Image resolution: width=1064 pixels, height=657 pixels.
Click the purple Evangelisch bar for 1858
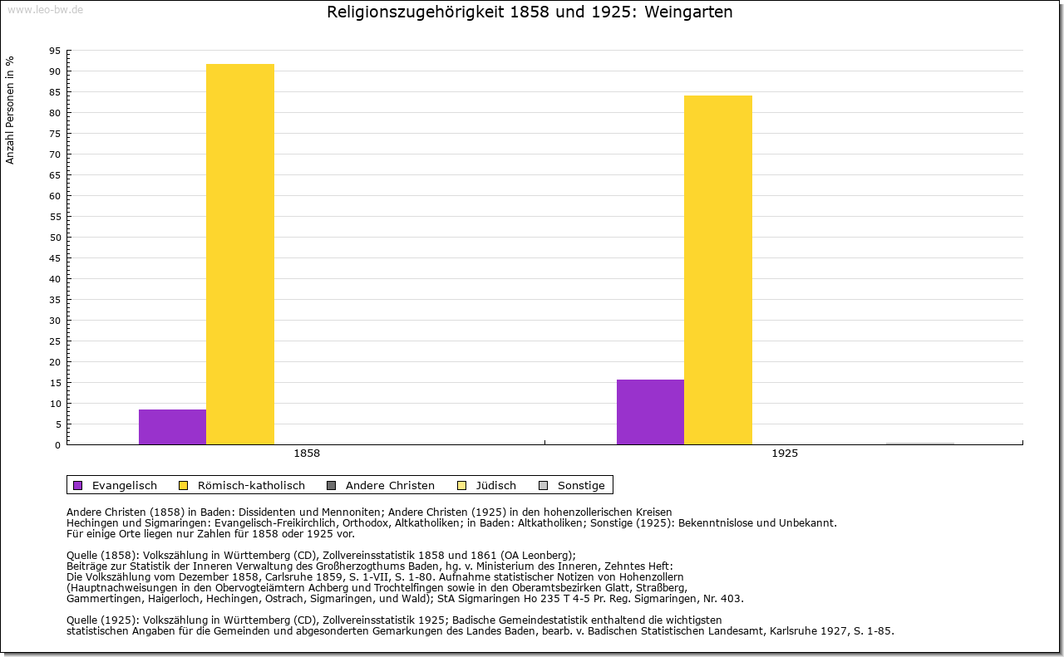point(172,427)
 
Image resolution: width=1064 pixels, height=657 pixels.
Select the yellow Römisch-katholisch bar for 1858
point(240,254)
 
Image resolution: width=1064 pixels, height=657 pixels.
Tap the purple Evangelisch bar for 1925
point(650,412)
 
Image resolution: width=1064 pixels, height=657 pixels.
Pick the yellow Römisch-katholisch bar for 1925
point(718,270)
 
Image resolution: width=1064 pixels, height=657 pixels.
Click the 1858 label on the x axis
point(307,454)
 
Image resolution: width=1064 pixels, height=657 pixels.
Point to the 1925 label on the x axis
point(785,454)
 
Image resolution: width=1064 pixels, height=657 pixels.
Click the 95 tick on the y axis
point(55,51)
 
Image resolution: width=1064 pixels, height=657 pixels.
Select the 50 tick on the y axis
point(55,238)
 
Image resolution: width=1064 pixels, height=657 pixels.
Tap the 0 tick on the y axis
point(57,445)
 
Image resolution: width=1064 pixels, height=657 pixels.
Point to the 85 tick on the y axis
point(55,92)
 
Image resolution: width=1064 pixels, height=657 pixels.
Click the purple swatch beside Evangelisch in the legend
point(78,486)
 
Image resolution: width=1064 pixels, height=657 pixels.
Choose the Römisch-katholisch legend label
point(251,486)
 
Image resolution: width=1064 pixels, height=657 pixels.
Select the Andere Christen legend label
point(390,486)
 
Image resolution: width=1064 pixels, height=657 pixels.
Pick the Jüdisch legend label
point(495,486)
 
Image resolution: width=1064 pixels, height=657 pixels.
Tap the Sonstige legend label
point(581,486)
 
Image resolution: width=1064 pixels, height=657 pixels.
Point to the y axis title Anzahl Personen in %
point(11,110)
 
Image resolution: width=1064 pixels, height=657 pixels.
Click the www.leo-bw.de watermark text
point(45,10)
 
